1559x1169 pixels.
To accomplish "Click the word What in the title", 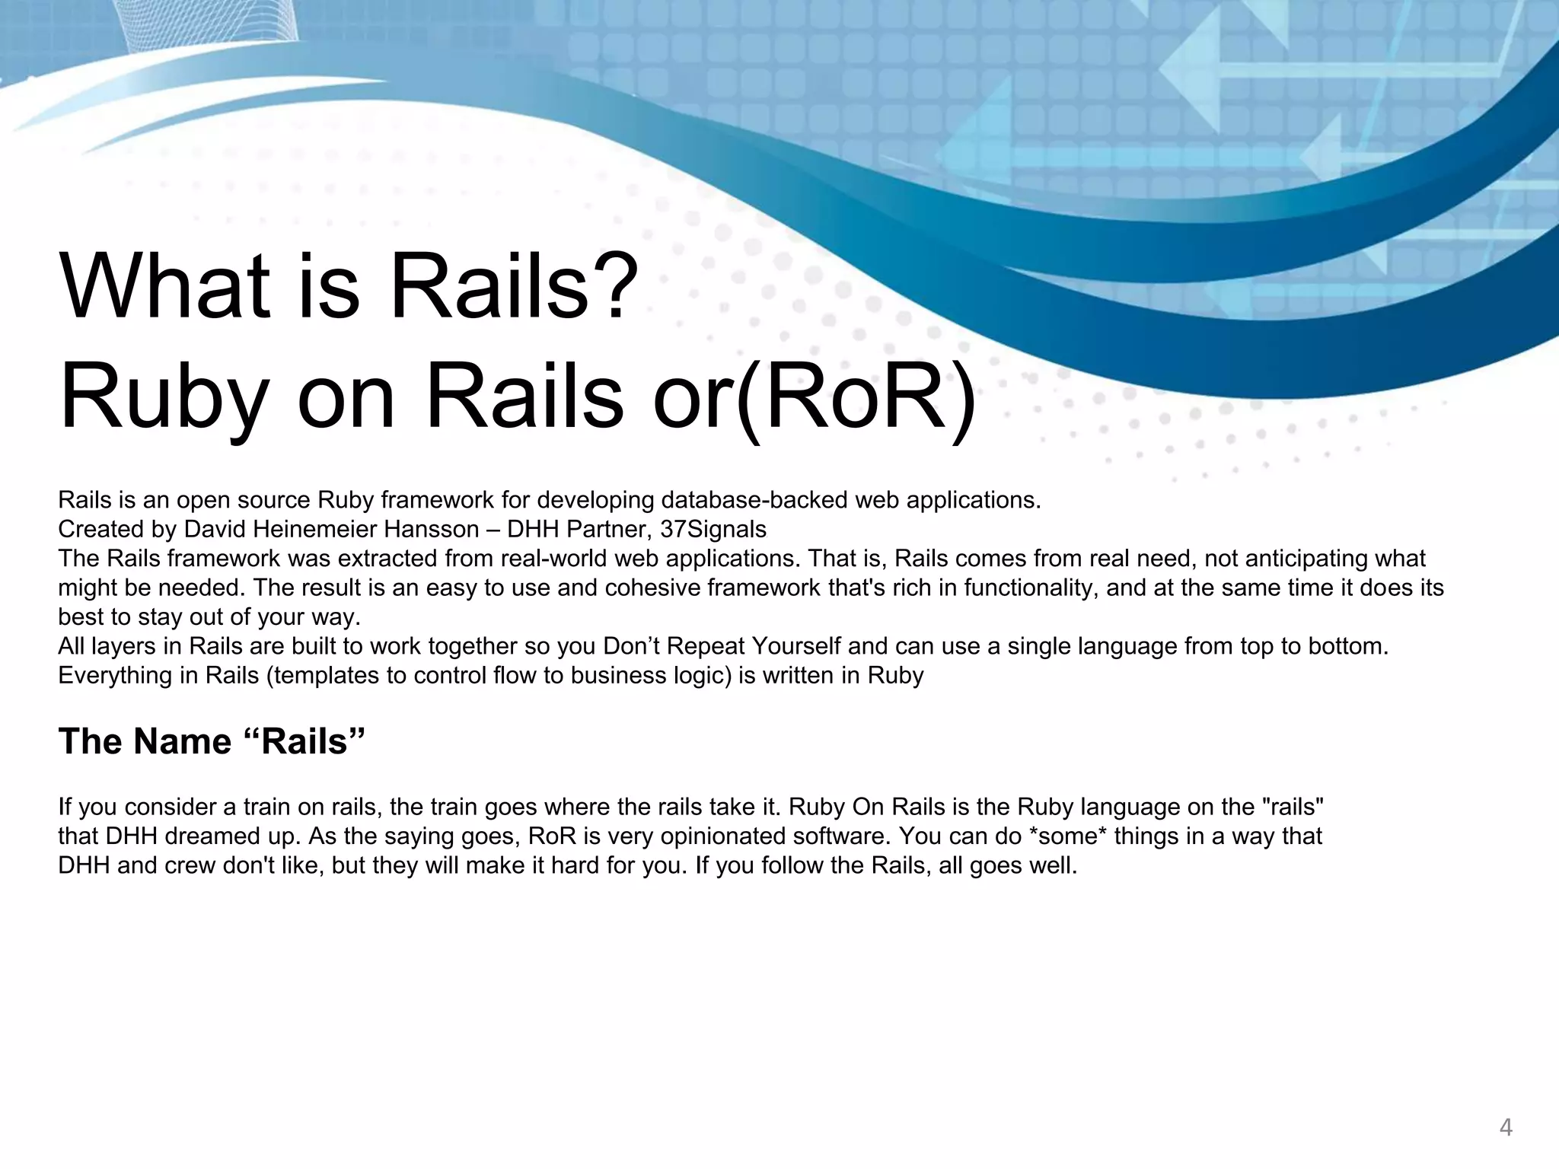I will coord(164,286).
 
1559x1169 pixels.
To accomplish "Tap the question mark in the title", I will coord(614,286).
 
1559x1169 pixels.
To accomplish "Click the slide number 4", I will coord(1505,1127).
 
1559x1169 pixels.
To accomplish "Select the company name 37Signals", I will coord(713,529).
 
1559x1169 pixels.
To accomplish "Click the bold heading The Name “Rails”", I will coord(212,741).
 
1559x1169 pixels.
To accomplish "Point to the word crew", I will coord(189,866).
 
